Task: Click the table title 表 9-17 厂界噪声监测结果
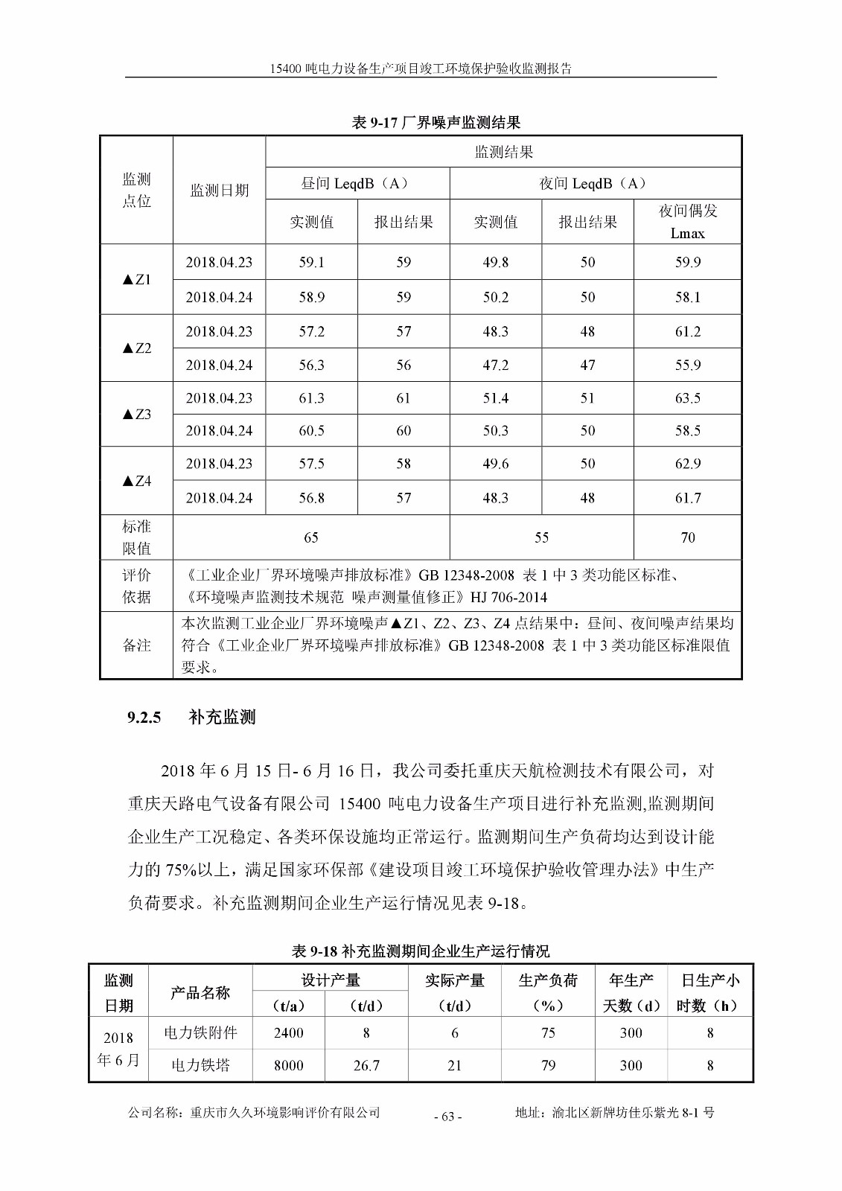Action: click(x=436, y=123)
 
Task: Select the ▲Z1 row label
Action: click(x=137, y=280)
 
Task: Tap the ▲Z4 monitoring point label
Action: click(x=137, y=481)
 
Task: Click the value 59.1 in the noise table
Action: click(x=311, y=262)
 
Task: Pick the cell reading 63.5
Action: click(x=687, y=398)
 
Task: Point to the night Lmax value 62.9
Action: click(x=687, y=464)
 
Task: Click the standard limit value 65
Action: click(x=311, y=537)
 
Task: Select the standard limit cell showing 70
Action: click(x=687, y=537)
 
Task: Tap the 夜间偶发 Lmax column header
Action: click(x=687, y=222)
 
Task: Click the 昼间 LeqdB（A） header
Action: click(x=357, y=183)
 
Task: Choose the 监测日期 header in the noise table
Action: click(x=219, y=191)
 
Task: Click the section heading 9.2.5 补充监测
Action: click(x=191, y=718)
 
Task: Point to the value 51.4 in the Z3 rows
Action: click(x=495, y=398)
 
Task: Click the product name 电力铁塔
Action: click(x=200, y=1065)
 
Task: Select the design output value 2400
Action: click(x=288, y=1032)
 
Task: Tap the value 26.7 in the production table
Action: click(x=366, y=1065)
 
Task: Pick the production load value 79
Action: click(x=548, y=1065)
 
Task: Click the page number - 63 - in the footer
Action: click(x=447, y=1116)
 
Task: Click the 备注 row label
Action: click(x=137, y=645)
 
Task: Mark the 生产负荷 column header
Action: click(x=548, y=981)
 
